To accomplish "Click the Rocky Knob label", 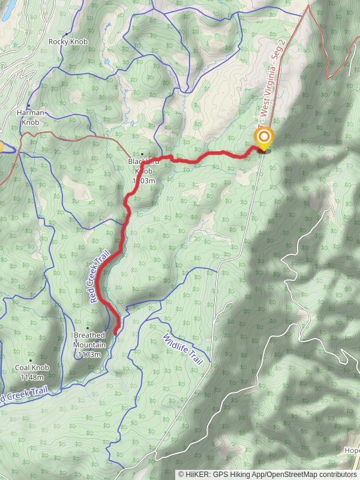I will click(x=68, y=41).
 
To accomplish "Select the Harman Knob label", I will click(x=30, y=117).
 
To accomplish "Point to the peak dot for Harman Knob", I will click(x=28, y=105).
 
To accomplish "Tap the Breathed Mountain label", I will click(x=89, y=340).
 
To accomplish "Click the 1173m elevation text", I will click(x=89, y=354).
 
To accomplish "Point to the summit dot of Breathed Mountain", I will click(x=88, y=327).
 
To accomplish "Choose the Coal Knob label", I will click(x=32, y=368).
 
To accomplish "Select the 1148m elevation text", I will click(x=32, y=377).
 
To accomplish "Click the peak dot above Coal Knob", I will click(x=31, y=360).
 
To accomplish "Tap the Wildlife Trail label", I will click(x=184, y=350).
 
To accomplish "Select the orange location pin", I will click(x=263, y=138).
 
